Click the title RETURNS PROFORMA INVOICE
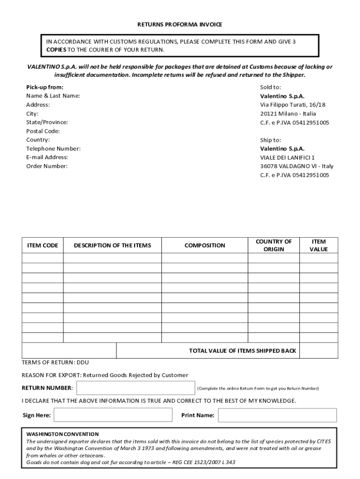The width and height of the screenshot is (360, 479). [180, 24]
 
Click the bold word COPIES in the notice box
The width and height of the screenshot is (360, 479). [56, 50]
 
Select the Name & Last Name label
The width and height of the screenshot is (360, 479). [53, 96]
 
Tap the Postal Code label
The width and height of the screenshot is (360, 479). [43, 131]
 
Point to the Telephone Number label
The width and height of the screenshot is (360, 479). [53, 148]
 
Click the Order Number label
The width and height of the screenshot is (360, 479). [47, 166]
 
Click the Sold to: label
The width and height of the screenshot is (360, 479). [271, 87]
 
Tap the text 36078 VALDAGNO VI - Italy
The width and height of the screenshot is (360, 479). [297, 166]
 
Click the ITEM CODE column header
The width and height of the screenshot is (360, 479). [43, 246]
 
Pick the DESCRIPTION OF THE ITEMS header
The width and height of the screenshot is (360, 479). [113, 246]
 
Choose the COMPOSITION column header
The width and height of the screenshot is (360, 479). [205, 246]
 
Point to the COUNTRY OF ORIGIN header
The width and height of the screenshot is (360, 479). [274, 246]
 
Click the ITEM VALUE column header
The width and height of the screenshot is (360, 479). [318, 246]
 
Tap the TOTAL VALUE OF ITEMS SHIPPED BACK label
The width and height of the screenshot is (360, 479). [242, 351]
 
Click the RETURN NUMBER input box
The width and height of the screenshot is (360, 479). [136, 388]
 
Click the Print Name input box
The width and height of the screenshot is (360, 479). [277, 415]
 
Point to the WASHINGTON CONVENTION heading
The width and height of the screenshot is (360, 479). [62, 434]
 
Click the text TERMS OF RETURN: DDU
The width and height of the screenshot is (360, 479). [55, 363]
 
